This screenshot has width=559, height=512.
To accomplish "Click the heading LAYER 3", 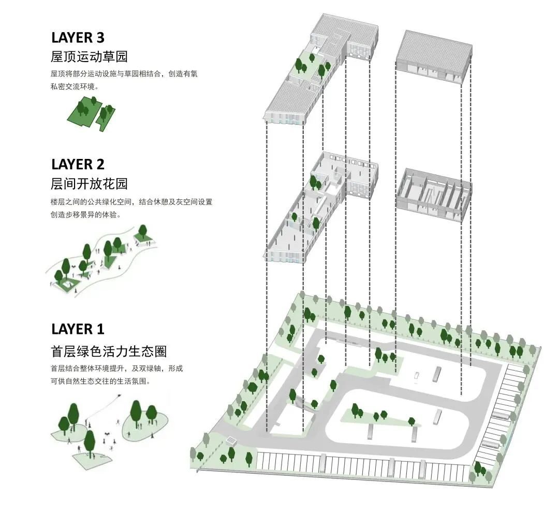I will [78, 37].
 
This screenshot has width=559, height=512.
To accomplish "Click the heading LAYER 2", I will [78, 164].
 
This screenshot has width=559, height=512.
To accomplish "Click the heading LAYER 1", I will [78, 329].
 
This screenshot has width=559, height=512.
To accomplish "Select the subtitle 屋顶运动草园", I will [89, 56].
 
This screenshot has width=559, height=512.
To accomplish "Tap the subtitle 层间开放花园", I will [89, 183].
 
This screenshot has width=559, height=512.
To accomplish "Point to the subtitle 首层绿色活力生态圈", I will [109, 352].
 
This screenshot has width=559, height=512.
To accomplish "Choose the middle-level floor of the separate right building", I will [434, 189].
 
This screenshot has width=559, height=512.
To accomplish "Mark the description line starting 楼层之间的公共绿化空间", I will [131, 202].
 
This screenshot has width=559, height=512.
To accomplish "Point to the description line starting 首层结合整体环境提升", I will [116, 369].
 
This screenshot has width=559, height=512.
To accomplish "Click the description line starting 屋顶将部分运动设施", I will [124, 74].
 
